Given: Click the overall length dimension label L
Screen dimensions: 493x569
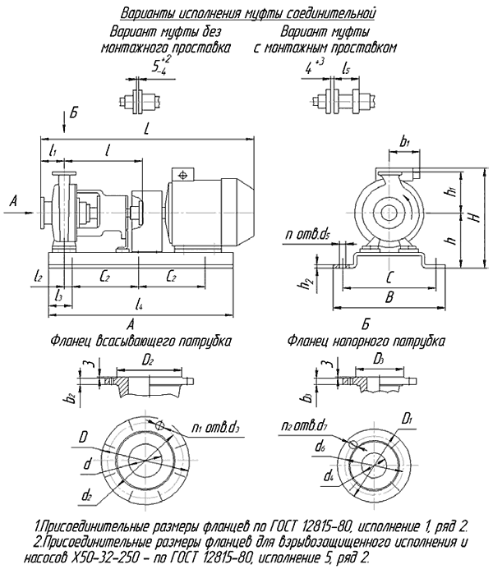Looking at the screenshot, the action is pos(146,129).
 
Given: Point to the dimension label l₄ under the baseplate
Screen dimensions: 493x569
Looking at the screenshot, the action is pos(138,305).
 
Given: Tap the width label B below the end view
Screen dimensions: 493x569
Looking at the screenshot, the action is pos(389,298).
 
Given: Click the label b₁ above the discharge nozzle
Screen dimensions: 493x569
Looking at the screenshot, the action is pos(404,142).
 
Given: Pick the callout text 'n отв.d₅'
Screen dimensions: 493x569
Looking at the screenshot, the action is pos(308,235).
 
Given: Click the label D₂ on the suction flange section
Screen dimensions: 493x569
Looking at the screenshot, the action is pos(148,360).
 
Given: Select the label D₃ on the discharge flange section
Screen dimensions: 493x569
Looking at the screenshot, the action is pos(379,360).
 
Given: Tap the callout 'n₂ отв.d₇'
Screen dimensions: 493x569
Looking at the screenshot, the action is pos(304,426).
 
